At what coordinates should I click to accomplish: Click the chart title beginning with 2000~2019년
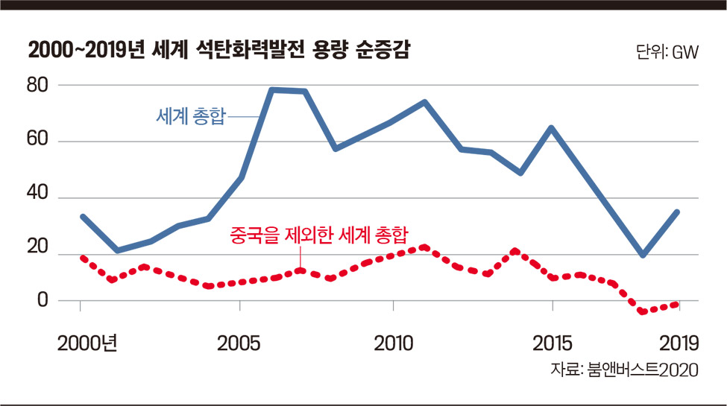pos(218,50)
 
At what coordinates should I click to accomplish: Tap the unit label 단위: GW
pos(667,52)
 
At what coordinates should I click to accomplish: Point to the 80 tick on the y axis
pos(37,85)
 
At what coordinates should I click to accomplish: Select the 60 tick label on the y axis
pos(37,139)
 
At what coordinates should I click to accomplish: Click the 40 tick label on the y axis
pos(37,192)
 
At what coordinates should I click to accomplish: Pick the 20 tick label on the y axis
pos(37,246)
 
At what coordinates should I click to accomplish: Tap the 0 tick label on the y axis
pos(43,300)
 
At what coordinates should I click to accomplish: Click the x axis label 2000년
pos(87,343)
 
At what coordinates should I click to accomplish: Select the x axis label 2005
pos(239,343)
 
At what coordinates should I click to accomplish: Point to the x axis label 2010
pos(393,343)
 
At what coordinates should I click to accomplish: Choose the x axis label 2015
pos(553,343)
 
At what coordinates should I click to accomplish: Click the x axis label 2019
pos(679,343)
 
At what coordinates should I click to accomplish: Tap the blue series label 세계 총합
pos(191,116)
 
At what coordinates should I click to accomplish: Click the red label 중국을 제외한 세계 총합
pos(319,235)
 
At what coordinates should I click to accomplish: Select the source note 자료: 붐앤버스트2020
pos(624,369)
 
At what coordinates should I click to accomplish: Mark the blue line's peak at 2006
pos(272,90)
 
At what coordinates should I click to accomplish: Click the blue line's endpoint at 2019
pos(677,212)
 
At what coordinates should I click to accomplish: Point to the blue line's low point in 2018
pos(643,255)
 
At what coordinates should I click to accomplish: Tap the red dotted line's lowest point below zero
pos(643,311)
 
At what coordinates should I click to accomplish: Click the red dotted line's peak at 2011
pos(424,247)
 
